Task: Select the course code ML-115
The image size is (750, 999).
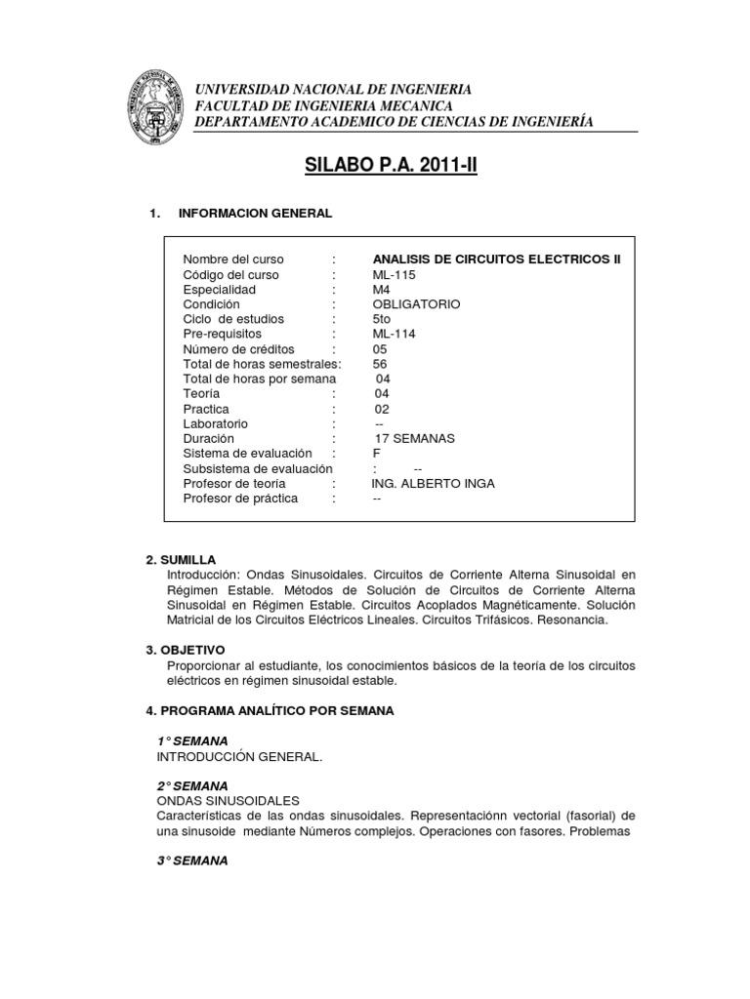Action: click(394, 274)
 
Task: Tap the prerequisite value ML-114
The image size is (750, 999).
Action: click(394, 334)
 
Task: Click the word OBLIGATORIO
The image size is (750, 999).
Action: click(417, 304)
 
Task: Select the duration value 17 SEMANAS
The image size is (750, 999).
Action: click(415, 439)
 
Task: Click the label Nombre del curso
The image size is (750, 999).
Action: click(233, 260)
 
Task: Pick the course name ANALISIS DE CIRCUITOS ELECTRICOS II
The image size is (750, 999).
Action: click(496, 260)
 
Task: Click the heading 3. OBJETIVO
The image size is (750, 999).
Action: click(185, 649)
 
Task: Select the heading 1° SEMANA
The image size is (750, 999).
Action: click(192, 741)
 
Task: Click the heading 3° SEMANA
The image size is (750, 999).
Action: click(192, 860)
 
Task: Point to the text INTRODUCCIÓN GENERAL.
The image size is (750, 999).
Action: click(238, 756)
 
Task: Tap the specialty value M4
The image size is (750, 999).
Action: click(382, 290)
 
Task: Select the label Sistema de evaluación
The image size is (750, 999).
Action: click(247, 454)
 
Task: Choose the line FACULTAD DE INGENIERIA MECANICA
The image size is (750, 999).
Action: click(323, 105)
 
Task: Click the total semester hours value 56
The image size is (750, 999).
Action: click(380, 364)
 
